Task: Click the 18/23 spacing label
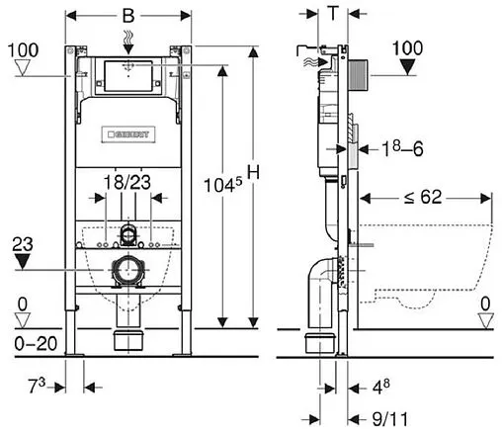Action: click(125, 182)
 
